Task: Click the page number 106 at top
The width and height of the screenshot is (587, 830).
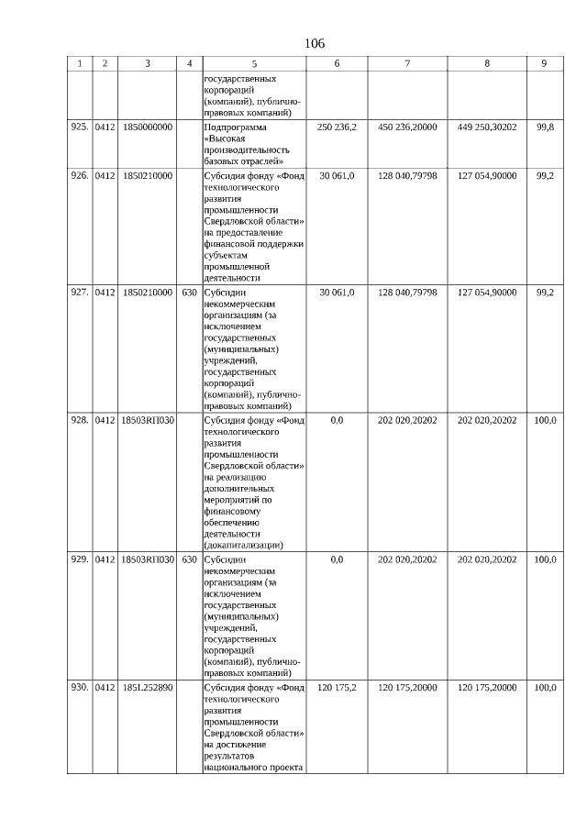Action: coord(315,43)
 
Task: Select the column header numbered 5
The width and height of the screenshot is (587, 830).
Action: coord(255,63)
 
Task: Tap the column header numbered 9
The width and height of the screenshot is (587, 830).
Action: coord(544,63)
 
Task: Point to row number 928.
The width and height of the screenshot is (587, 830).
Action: coord(79,420)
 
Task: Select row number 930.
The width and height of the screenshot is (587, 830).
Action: coord(79,687)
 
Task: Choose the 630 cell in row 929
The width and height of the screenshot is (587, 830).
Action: coord(189,559)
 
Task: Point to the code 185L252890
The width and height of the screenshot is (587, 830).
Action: coord(147,687)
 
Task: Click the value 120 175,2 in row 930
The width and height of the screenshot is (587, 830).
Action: coord(337,687)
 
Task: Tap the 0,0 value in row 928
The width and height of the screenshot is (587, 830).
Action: coord(337,420)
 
